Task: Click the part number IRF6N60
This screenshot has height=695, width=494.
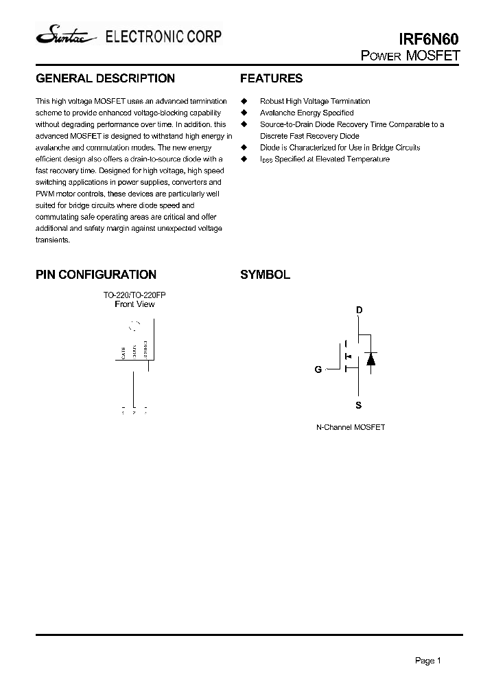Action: click(x=430, y=41)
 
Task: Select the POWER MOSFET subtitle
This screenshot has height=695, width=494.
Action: click(x=410, y=56)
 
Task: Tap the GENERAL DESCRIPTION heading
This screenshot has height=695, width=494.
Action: click(x=105, y=79)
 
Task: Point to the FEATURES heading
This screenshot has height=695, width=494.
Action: click(x=271, y=79)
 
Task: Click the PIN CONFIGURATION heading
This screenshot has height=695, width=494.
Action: click(x=96, y=275)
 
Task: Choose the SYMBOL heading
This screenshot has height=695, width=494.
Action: click(x=265, y=275)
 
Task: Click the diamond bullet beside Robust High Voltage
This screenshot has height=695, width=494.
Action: click(x=244, y=101)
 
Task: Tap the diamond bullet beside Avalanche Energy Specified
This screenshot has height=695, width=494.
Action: click(x=244, y=113)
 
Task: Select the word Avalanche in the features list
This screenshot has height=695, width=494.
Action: click(x=277, y=113)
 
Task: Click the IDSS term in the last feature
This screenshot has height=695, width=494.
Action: click(x=266, y=159)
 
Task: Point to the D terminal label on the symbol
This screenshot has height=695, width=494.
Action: click(x=359, y=310)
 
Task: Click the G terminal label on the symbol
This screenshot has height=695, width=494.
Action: click(x=318, y=369)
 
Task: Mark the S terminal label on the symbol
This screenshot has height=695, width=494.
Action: click(x=359, y=406)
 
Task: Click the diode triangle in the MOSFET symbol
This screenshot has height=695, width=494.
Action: click(x=370, y=358)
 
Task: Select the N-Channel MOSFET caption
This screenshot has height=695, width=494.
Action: click(x=351, y=427)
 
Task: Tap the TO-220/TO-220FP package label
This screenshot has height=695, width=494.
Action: click(x=134, y=295)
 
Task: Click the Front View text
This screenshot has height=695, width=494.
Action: click(x=134, y=304)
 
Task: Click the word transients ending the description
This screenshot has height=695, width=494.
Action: click(x=52, y=240)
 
